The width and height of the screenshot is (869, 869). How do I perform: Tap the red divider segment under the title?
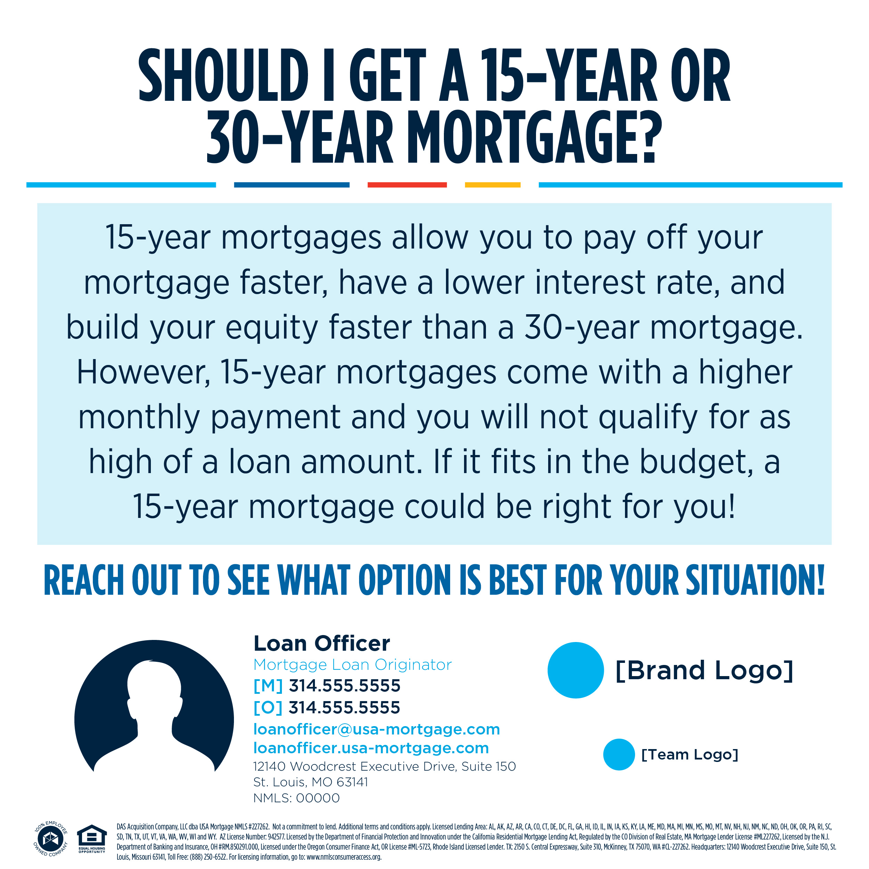(x=407, y=185)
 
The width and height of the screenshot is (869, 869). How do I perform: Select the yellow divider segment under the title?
(x=493, y=185)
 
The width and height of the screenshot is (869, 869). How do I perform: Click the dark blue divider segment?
(x=292, y=185)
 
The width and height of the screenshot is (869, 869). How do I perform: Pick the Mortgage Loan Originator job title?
(x=352, y=665)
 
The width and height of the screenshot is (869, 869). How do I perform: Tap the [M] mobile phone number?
(x=326, y=686)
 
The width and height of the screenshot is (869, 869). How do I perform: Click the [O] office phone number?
(x=326, y=707)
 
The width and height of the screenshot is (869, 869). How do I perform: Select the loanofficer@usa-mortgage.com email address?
(x=377, y=729)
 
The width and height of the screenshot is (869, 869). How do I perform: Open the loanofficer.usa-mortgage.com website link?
(x=371, y=748)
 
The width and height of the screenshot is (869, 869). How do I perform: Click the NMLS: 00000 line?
(x=297, y=798)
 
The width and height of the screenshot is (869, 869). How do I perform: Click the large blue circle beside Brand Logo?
(x=575, y=670)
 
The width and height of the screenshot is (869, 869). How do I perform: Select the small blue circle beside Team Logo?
(x=619, y=754)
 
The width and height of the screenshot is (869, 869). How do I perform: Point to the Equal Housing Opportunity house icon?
(x=92, y=837)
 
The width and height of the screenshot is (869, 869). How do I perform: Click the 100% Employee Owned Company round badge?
(x=50, y=839)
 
